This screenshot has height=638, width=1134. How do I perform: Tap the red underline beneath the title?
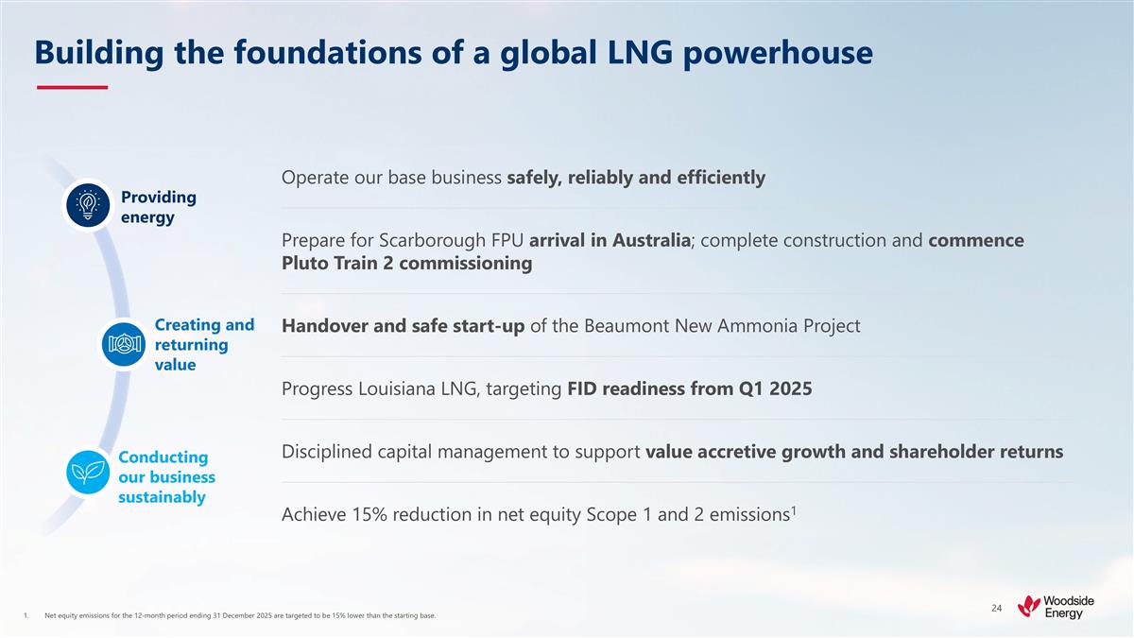point(72,87)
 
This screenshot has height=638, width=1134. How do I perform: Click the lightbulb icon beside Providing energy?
point(88,205)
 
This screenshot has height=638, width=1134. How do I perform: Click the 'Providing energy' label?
point(159,207)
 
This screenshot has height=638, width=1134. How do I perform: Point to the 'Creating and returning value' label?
point(203,345)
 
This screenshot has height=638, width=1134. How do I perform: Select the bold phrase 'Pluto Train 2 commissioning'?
point(406,264)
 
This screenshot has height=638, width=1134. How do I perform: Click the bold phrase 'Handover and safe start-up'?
point(403,326)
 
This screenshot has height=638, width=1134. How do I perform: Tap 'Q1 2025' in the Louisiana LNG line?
point(778,388)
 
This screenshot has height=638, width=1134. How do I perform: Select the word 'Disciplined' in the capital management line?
point(328,452)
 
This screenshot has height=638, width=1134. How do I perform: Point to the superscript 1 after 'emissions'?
point(794,509)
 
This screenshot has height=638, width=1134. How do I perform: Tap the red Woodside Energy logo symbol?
point(1030,606)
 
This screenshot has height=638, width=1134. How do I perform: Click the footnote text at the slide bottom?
point(240,616)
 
